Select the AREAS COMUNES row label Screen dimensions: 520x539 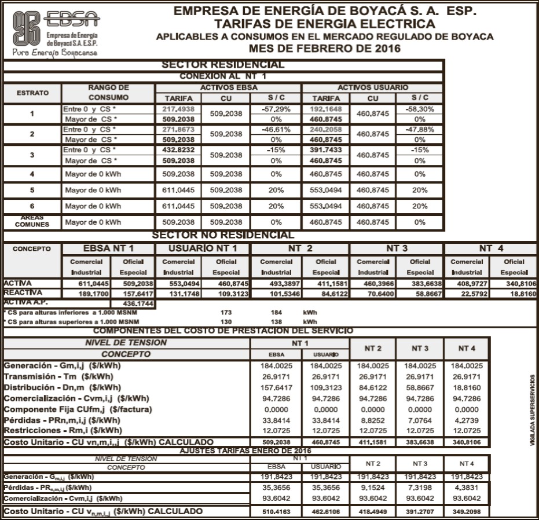[32, 221]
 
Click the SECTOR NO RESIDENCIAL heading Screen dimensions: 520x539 [223, 235]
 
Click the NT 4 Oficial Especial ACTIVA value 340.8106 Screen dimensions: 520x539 [514, 284]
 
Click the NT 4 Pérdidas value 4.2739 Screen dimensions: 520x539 [467, 420]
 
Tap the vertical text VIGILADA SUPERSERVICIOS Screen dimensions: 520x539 [532, 409]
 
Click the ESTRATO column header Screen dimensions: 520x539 [32, 93]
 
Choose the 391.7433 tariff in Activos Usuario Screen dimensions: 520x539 [325, 149]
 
